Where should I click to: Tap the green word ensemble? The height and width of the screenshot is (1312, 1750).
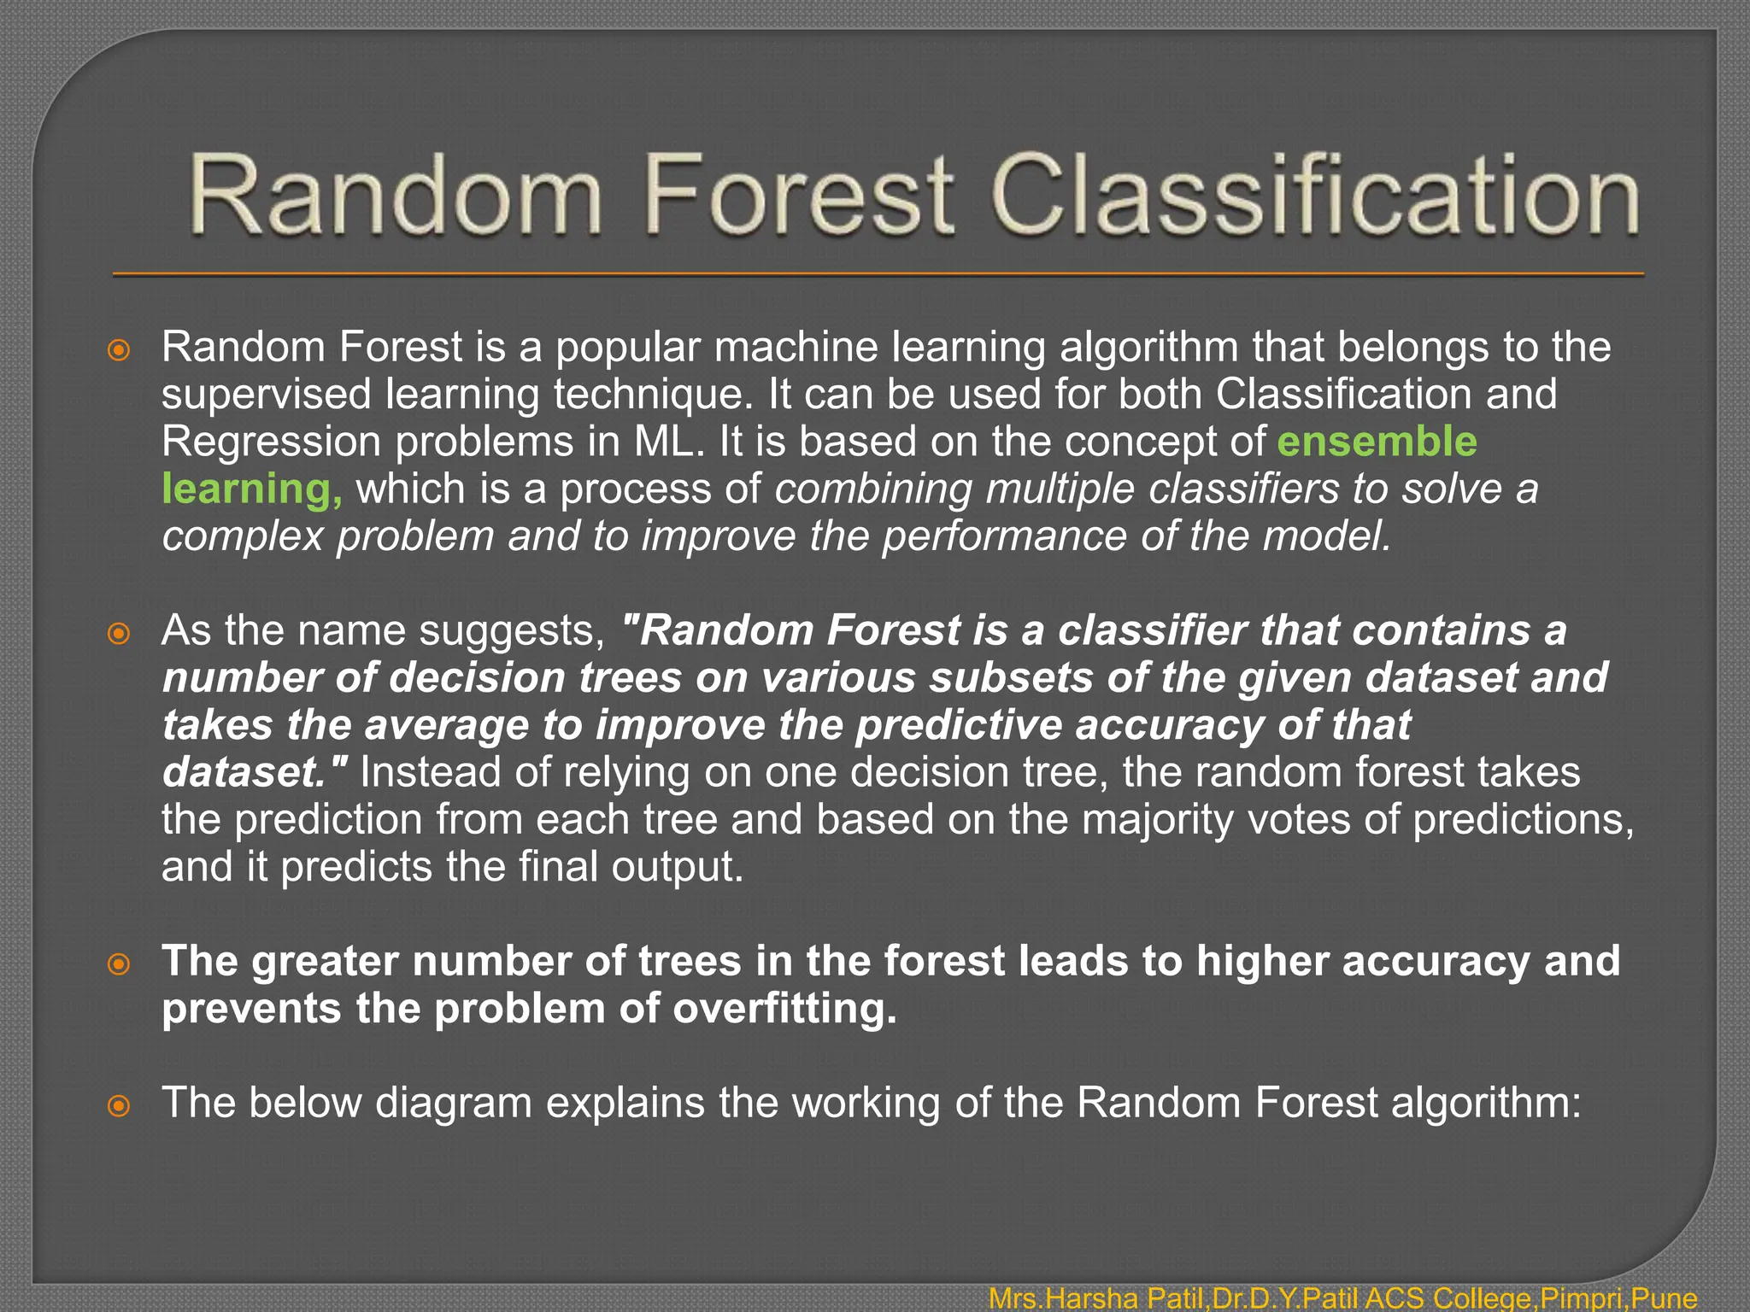coord(1377,442)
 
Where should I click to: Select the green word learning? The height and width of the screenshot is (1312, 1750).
coord(252,489)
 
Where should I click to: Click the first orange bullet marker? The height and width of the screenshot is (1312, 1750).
coord(119,349)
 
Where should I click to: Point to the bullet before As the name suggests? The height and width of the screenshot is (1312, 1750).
coord(119,633)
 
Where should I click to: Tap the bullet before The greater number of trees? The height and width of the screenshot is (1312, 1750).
coord(119,964)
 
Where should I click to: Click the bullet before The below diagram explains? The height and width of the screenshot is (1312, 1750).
coord(119,1106)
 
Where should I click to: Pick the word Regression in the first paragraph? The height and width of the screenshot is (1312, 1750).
coord(271,442)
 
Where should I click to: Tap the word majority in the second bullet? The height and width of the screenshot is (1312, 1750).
coord(1158,820)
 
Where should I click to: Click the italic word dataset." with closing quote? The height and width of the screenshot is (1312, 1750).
coord(255,772)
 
